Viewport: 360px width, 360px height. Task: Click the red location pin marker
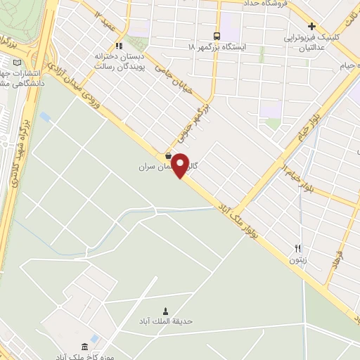(x=181, y=165)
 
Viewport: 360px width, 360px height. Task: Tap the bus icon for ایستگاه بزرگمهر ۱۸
(x=217, y=35)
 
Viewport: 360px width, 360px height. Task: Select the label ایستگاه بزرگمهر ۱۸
(x=216, y=46)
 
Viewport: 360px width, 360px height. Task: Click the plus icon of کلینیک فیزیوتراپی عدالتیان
(x=311, y=26)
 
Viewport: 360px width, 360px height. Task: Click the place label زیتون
(x=297, y=259)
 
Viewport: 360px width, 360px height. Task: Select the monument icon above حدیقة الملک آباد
(x=166, y=310)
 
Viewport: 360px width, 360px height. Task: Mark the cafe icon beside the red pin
(x=167, y=156)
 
